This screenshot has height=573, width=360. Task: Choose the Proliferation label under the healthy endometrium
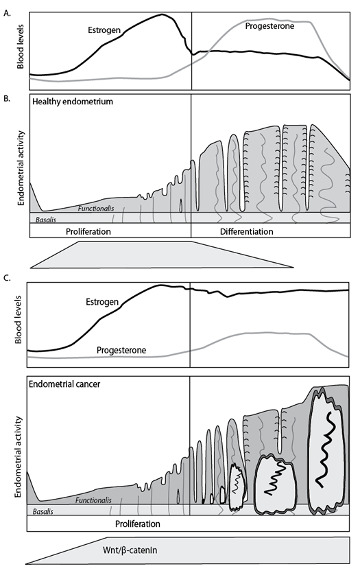(93, 232)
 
